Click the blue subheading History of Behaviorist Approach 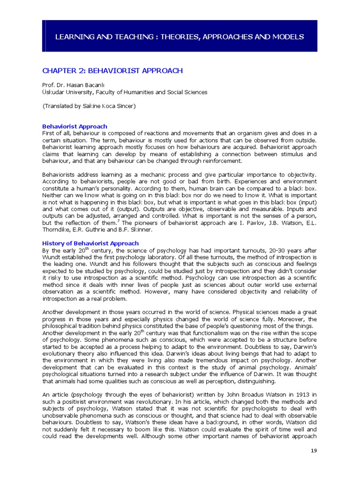click(90, 243)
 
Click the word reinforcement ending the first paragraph click(217, 161)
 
